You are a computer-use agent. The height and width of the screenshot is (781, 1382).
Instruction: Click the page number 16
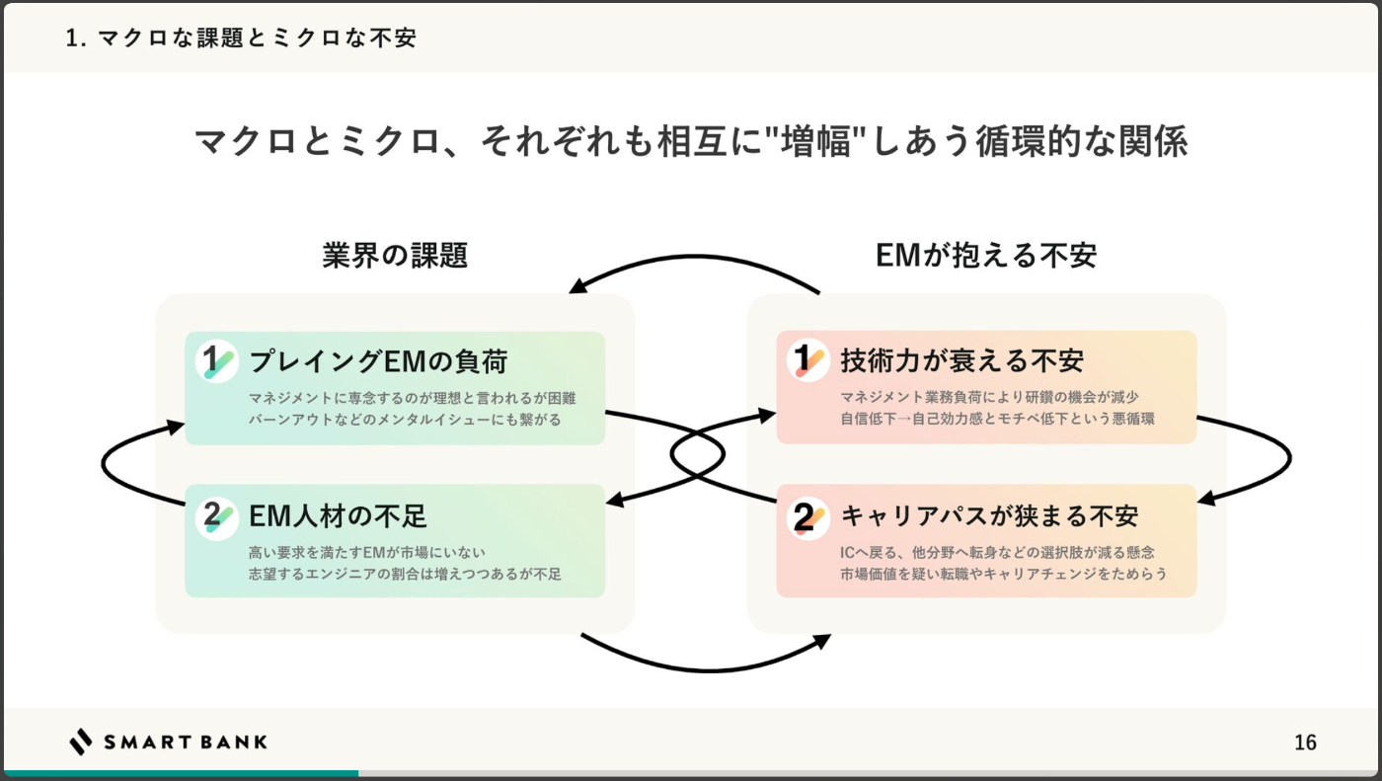[1305, 742]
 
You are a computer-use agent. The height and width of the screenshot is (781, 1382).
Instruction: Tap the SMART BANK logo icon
[80, 742]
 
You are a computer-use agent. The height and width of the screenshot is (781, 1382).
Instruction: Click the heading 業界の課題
[395, 256]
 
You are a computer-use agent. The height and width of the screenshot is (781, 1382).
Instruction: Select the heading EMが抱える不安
[986, 256]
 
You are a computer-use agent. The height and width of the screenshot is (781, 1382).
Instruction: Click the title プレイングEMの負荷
[378, 361]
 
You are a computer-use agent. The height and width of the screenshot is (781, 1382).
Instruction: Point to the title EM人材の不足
[338, 515]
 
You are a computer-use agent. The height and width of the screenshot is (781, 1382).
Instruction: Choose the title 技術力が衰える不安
[961, 361]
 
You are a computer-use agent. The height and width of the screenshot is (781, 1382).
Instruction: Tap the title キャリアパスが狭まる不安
[989, 515]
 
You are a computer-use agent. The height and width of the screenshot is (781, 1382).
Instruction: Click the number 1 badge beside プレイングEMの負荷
[216, 361]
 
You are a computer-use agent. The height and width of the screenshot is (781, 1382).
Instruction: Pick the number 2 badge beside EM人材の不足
[216, 517]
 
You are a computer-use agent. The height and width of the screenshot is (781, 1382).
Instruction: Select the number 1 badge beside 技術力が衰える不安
[807, 360]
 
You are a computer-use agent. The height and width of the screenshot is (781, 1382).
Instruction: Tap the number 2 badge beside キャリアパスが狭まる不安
[807, 517]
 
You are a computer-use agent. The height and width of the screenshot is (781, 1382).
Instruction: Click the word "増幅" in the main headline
[815, 142]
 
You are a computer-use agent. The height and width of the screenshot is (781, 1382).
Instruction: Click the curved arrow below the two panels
[710, 669]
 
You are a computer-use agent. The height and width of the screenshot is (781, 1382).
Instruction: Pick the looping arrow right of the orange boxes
[1289, 458]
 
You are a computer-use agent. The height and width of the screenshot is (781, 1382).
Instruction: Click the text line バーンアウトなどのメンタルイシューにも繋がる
[405, 420]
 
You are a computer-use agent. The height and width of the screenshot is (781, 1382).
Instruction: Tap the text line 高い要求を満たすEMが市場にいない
[367, 552]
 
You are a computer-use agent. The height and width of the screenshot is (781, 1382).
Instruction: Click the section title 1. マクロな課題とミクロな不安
[241, 39]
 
